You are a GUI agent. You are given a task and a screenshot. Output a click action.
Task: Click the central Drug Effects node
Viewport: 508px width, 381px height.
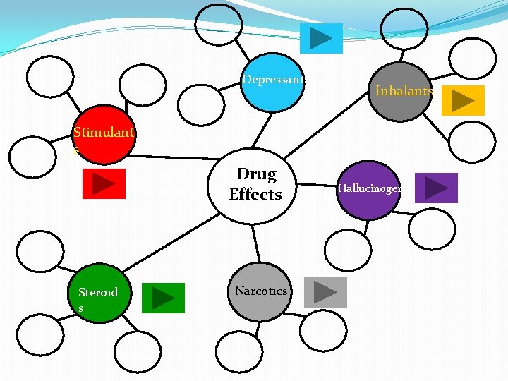(255, 185)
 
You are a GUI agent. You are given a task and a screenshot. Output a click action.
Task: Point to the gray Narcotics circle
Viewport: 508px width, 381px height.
(260, 292)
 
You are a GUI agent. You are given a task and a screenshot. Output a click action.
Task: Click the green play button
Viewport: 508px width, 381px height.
(163, 297)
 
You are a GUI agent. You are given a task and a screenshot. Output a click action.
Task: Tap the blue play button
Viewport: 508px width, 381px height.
(321, 38)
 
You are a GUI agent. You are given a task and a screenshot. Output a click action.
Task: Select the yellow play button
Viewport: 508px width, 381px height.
(463, 101)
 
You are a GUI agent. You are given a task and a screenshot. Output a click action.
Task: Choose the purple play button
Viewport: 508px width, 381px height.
(436, 188)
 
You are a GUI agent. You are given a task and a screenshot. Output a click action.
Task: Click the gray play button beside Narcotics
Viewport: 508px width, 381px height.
(325, 292)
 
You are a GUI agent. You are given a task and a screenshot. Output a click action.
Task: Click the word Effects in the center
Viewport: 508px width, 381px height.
(255, 194)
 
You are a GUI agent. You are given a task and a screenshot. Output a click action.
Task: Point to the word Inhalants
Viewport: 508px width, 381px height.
(404, 91)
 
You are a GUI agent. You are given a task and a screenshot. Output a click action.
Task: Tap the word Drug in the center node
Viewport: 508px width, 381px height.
(256, 174)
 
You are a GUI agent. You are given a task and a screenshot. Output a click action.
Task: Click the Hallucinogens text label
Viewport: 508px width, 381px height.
(370, 188)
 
